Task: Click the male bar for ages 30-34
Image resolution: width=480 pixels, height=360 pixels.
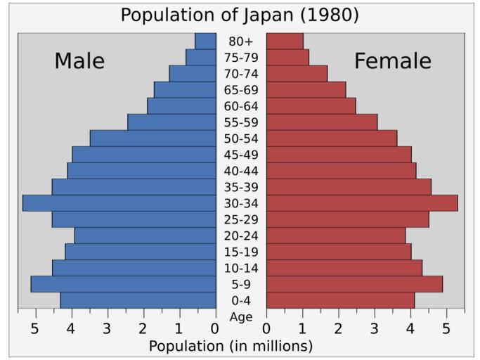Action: point(119,203)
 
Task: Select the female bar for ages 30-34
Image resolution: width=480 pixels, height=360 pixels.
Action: point(362,203)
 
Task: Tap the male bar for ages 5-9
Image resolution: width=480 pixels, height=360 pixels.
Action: point(124,284)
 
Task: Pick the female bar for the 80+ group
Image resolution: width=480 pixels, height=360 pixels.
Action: point(285,41)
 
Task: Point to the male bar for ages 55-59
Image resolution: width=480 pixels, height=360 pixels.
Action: point(172,122)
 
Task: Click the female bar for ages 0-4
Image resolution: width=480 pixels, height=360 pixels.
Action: point(340,300)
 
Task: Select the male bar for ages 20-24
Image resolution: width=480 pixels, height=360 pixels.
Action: point(145,236)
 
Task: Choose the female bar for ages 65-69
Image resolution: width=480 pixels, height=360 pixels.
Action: point(306,90)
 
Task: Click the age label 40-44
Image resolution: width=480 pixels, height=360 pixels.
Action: point(241,171)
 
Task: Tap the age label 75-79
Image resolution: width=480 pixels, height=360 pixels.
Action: point(241,58)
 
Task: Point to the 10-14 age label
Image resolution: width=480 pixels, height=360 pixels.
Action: point(241,268)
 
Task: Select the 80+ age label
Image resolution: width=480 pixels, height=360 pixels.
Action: point(241,41)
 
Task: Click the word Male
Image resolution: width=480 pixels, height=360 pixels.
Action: point(79,62)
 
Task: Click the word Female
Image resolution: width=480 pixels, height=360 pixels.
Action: point(392,62)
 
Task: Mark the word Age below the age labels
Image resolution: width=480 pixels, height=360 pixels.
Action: point(241,317)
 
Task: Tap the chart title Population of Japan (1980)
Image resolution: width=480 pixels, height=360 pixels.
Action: point(240,15)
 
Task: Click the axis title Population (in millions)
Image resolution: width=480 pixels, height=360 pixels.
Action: point(231,346)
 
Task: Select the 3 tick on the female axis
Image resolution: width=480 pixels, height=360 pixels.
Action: point(375,328)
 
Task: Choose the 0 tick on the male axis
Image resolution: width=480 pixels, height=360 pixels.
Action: point(215,328)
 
